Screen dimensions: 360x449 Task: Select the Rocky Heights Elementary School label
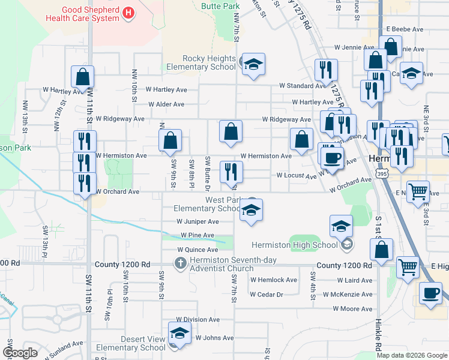pos(209,62)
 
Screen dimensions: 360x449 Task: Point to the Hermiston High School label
pos(294,245)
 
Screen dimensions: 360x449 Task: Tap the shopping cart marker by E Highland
pos(408,268)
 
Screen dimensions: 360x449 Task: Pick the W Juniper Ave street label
pos(197,221)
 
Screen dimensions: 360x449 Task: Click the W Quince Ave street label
pos(197,250)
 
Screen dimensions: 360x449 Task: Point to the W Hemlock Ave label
pos(274,280)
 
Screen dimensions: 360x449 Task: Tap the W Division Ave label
pos(197,320)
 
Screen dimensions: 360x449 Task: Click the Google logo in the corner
pos(20,353)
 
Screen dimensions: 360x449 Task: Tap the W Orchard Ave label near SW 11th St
pos(118,192)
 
